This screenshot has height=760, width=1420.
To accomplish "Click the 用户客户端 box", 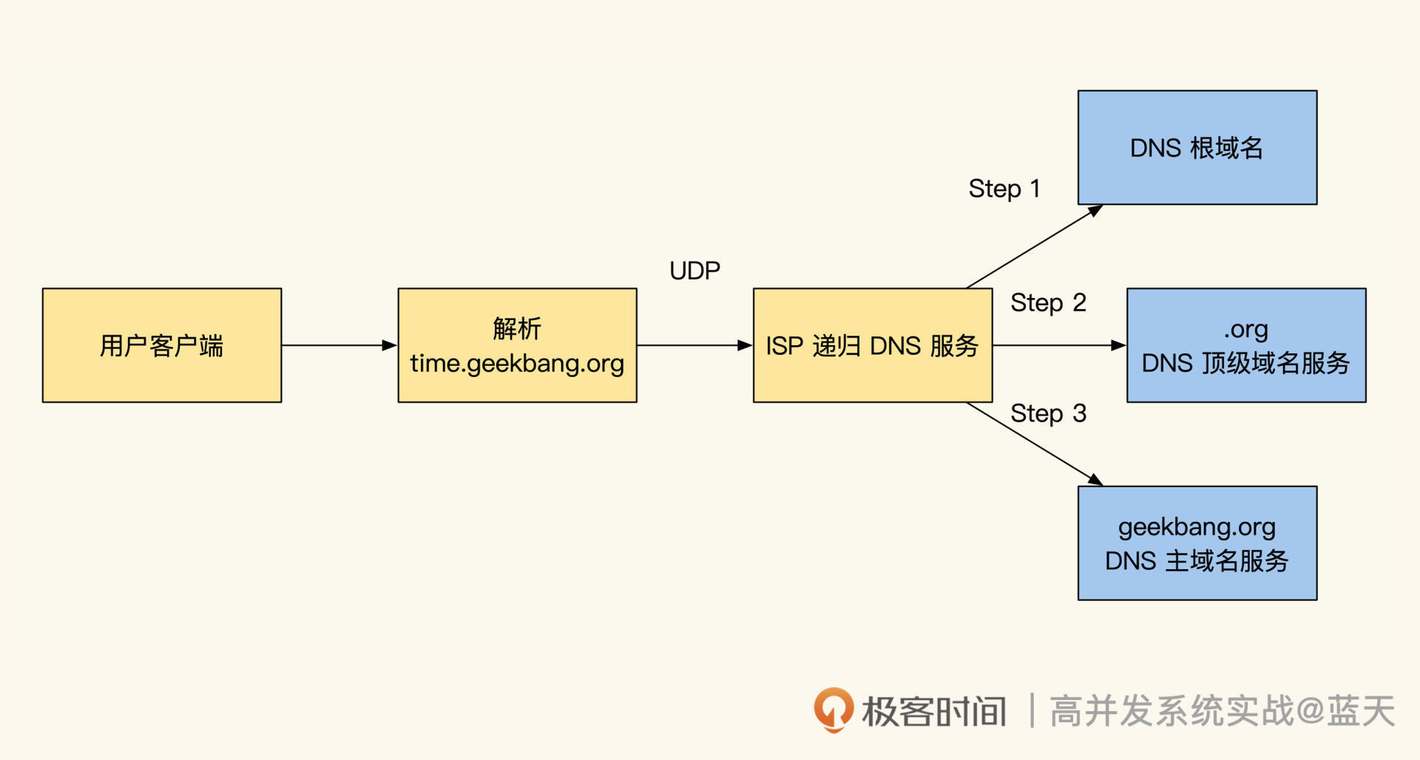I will click(161, 345).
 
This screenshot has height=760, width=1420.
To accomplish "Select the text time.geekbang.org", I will click(517, 364).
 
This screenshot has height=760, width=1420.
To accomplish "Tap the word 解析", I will click(517, 328).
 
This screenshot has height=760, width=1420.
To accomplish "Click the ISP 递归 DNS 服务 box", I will click(872, 345).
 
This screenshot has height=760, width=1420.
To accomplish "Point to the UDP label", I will click(694, 271).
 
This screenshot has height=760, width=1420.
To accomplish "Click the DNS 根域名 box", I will click(1197, 148).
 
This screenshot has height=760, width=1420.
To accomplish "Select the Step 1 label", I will click(1004, 189).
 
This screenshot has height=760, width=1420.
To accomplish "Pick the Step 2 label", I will click(1048, 302).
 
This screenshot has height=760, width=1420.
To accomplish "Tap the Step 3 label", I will click(1048, 413).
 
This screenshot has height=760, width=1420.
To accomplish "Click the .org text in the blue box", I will click(1245, 329).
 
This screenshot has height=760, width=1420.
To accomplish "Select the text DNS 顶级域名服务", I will click(1245, 364).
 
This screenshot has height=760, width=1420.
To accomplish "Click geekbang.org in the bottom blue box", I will click(1197, 527).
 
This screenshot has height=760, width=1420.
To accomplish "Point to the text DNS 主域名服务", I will click(1197, 561).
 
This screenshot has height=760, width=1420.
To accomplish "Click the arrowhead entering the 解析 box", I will click(390, 345).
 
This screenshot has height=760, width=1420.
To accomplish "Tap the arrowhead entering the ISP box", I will click(745, 345).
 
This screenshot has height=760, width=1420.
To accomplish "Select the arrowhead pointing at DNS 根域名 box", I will click(1095, 211).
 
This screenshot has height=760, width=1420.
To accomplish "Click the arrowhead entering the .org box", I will click(1118, 345).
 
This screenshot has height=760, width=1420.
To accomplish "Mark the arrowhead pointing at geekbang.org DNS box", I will click(1095, 480).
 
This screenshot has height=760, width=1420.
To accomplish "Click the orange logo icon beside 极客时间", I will click(834, 709).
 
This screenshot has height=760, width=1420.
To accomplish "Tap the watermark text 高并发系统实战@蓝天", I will click(1222, 711).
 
